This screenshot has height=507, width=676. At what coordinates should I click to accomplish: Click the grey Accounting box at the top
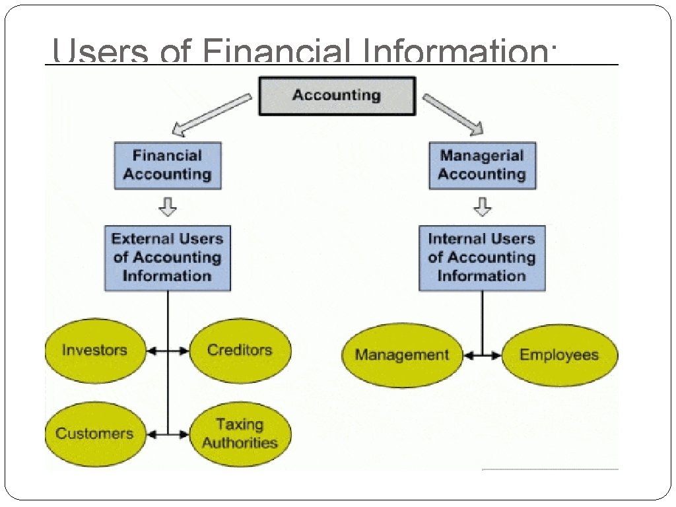tap(337, 96)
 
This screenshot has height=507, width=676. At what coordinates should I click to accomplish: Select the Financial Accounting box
tap(168, 166)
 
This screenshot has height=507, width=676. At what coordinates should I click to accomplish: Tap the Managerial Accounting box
tap(482, 166)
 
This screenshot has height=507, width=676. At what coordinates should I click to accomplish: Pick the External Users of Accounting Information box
tap(168, 257)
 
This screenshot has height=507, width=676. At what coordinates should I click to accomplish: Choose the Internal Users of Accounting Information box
tap(482, 257)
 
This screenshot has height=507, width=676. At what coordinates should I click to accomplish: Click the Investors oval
tap(94, 351)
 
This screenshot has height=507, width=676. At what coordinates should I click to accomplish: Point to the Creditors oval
tap(240, 351)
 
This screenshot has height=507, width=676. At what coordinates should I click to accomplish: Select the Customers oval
tap(94, 434)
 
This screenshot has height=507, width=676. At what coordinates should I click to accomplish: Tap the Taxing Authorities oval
tap(240, 434)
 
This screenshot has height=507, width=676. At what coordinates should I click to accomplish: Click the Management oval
tap(401, 355)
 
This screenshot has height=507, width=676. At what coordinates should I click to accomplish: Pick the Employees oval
tap(559, 355)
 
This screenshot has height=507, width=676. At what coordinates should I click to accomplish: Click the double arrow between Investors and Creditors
tap(168, 351)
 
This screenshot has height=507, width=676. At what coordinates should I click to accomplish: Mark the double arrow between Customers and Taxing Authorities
tap(168, 434)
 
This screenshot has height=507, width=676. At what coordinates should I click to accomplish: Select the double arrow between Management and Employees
tap(483, 356)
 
